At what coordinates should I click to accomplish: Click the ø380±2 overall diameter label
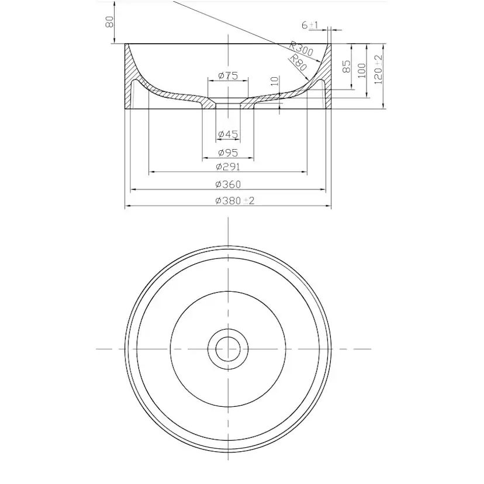(234, 200)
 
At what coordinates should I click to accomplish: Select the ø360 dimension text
(228, 184)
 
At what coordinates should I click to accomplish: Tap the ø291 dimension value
(228, 167)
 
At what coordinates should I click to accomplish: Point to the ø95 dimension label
(228, 153)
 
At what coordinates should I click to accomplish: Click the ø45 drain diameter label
(228, 134)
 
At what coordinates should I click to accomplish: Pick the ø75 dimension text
(227, 75)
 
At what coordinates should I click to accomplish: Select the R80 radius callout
(298, 62)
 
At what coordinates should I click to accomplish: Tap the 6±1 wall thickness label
(309, 25)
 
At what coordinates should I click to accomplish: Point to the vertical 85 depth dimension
(346, 67)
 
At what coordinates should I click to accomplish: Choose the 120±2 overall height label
(378, 68)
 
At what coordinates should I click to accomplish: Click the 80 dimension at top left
(109, 22)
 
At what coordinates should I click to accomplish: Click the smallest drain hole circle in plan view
(228, 349)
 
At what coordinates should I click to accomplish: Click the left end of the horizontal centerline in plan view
(97, 349)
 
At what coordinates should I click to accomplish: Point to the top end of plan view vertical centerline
(228, 218)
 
